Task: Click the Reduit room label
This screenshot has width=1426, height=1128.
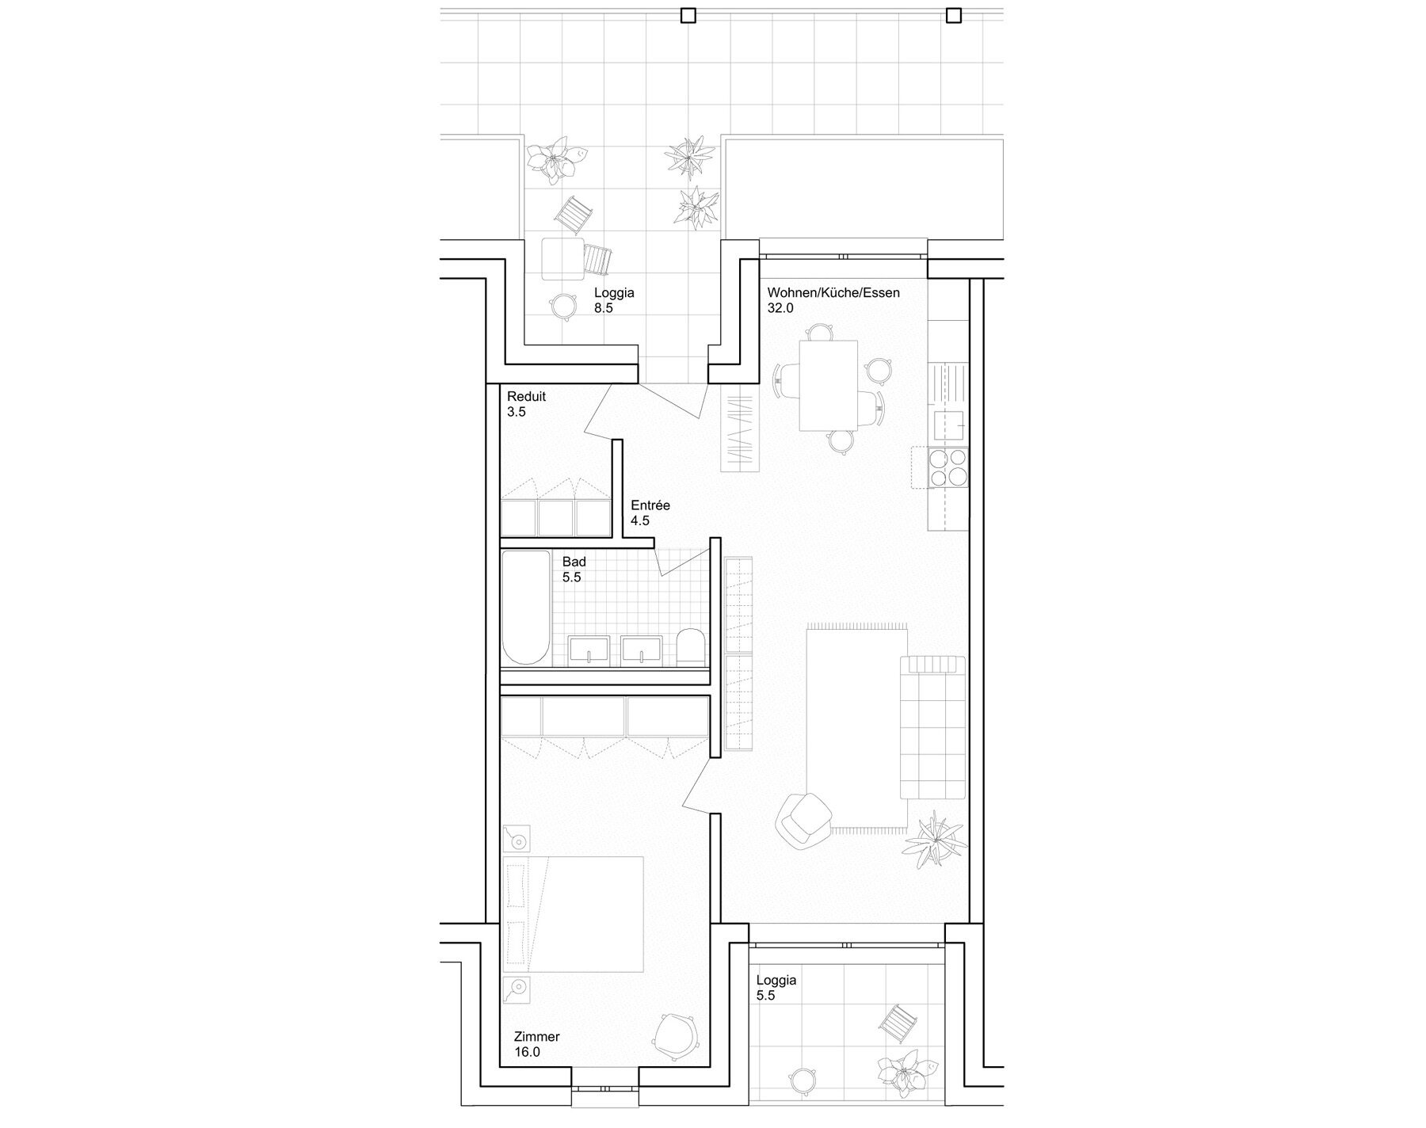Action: click(527, 397)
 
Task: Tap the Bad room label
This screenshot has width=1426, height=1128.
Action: click(574, 562)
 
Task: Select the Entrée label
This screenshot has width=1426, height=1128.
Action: click(650, 505)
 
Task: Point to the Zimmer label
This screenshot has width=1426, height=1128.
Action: click(536, 1037)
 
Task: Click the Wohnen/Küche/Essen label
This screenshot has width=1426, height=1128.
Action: click(833, 292)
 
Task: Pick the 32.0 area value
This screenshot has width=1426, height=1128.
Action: click(780, 308)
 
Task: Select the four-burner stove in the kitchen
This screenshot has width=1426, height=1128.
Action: click(947, 467)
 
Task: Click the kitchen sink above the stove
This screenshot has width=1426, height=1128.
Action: click(951, 425)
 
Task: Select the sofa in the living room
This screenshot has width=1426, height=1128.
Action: click(933, 727)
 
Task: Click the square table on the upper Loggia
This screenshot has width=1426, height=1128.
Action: click(562, 258)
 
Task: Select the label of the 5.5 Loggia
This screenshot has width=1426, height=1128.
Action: click(776, 980)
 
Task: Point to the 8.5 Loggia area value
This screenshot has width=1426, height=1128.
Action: click(604, 308)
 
